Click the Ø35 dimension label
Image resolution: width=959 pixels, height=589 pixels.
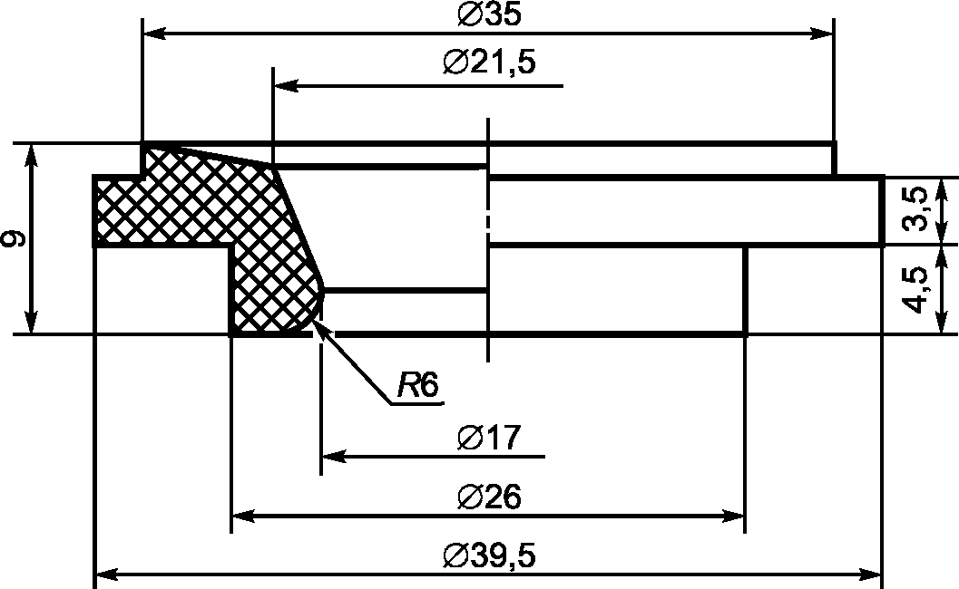click(489, 14)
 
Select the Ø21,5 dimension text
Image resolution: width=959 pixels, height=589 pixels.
click(489, 63)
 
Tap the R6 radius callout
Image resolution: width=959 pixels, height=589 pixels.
click(418, 385)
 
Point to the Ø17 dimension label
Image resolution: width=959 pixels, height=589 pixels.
click(489, 438)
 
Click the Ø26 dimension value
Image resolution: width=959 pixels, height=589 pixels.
click(489, 497)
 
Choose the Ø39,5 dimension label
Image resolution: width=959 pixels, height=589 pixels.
click(489, 556)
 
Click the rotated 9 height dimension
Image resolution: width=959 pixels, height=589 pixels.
click(15, 238)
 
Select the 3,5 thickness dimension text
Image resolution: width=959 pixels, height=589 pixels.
click(915, 209)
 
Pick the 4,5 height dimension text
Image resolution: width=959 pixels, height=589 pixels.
click(915, 290)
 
